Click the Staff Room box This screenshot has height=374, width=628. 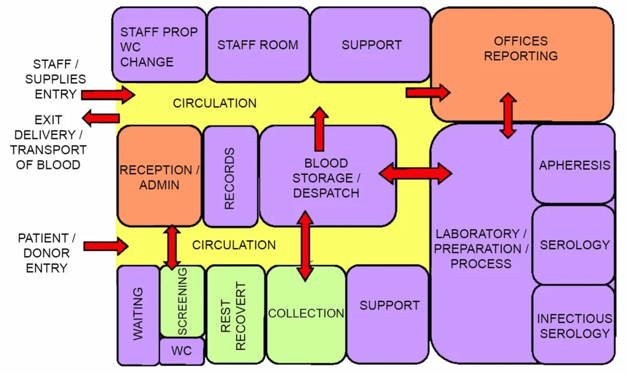258,45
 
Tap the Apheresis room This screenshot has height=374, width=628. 573,165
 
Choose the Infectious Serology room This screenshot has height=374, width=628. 573,325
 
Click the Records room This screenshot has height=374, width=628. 230,177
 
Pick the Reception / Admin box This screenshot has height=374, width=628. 159,177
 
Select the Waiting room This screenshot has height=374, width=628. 137,314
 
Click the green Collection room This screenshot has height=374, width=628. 306,314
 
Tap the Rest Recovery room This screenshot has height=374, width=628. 234,314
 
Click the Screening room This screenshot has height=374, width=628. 182,301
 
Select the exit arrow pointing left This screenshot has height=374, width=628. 101,118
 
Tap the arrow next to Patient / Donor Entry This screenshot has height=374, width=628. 105,246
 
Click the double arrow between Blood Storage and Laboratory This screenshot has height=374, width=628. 415,174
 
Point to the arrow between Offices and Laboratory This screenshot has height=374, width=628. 508,115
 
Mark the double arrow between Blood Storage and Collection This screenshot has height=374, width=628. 305,245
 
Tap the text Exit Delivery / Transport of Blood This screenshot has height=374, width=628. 48,142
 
